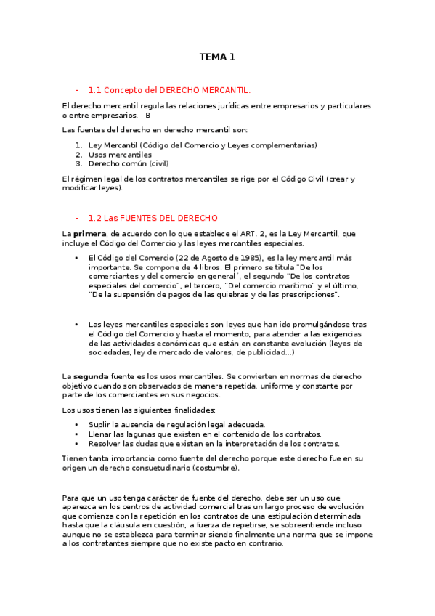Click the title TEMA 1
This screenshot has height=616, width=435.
pos(217,57)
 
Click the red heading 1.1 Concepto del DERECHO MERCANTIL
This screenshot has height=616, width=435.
pos(168,91)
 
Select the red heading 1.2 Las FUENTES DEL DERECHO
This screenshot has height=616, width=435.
pos(153,218)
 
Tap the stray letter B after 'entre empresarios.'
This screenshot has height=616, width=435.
pos(147,115)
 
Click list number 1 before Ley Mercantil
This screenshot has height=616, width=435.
pos(78,145)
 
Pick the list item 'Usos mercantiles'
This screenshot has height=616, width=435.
pos(120,155)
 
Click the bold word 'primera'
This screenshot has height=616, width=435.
pos(89,233)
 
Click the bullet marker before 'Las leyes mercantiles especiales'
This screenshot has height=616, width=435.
pos(76,325)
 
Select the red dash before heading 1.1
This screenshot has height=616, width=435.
pos(77,91)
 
